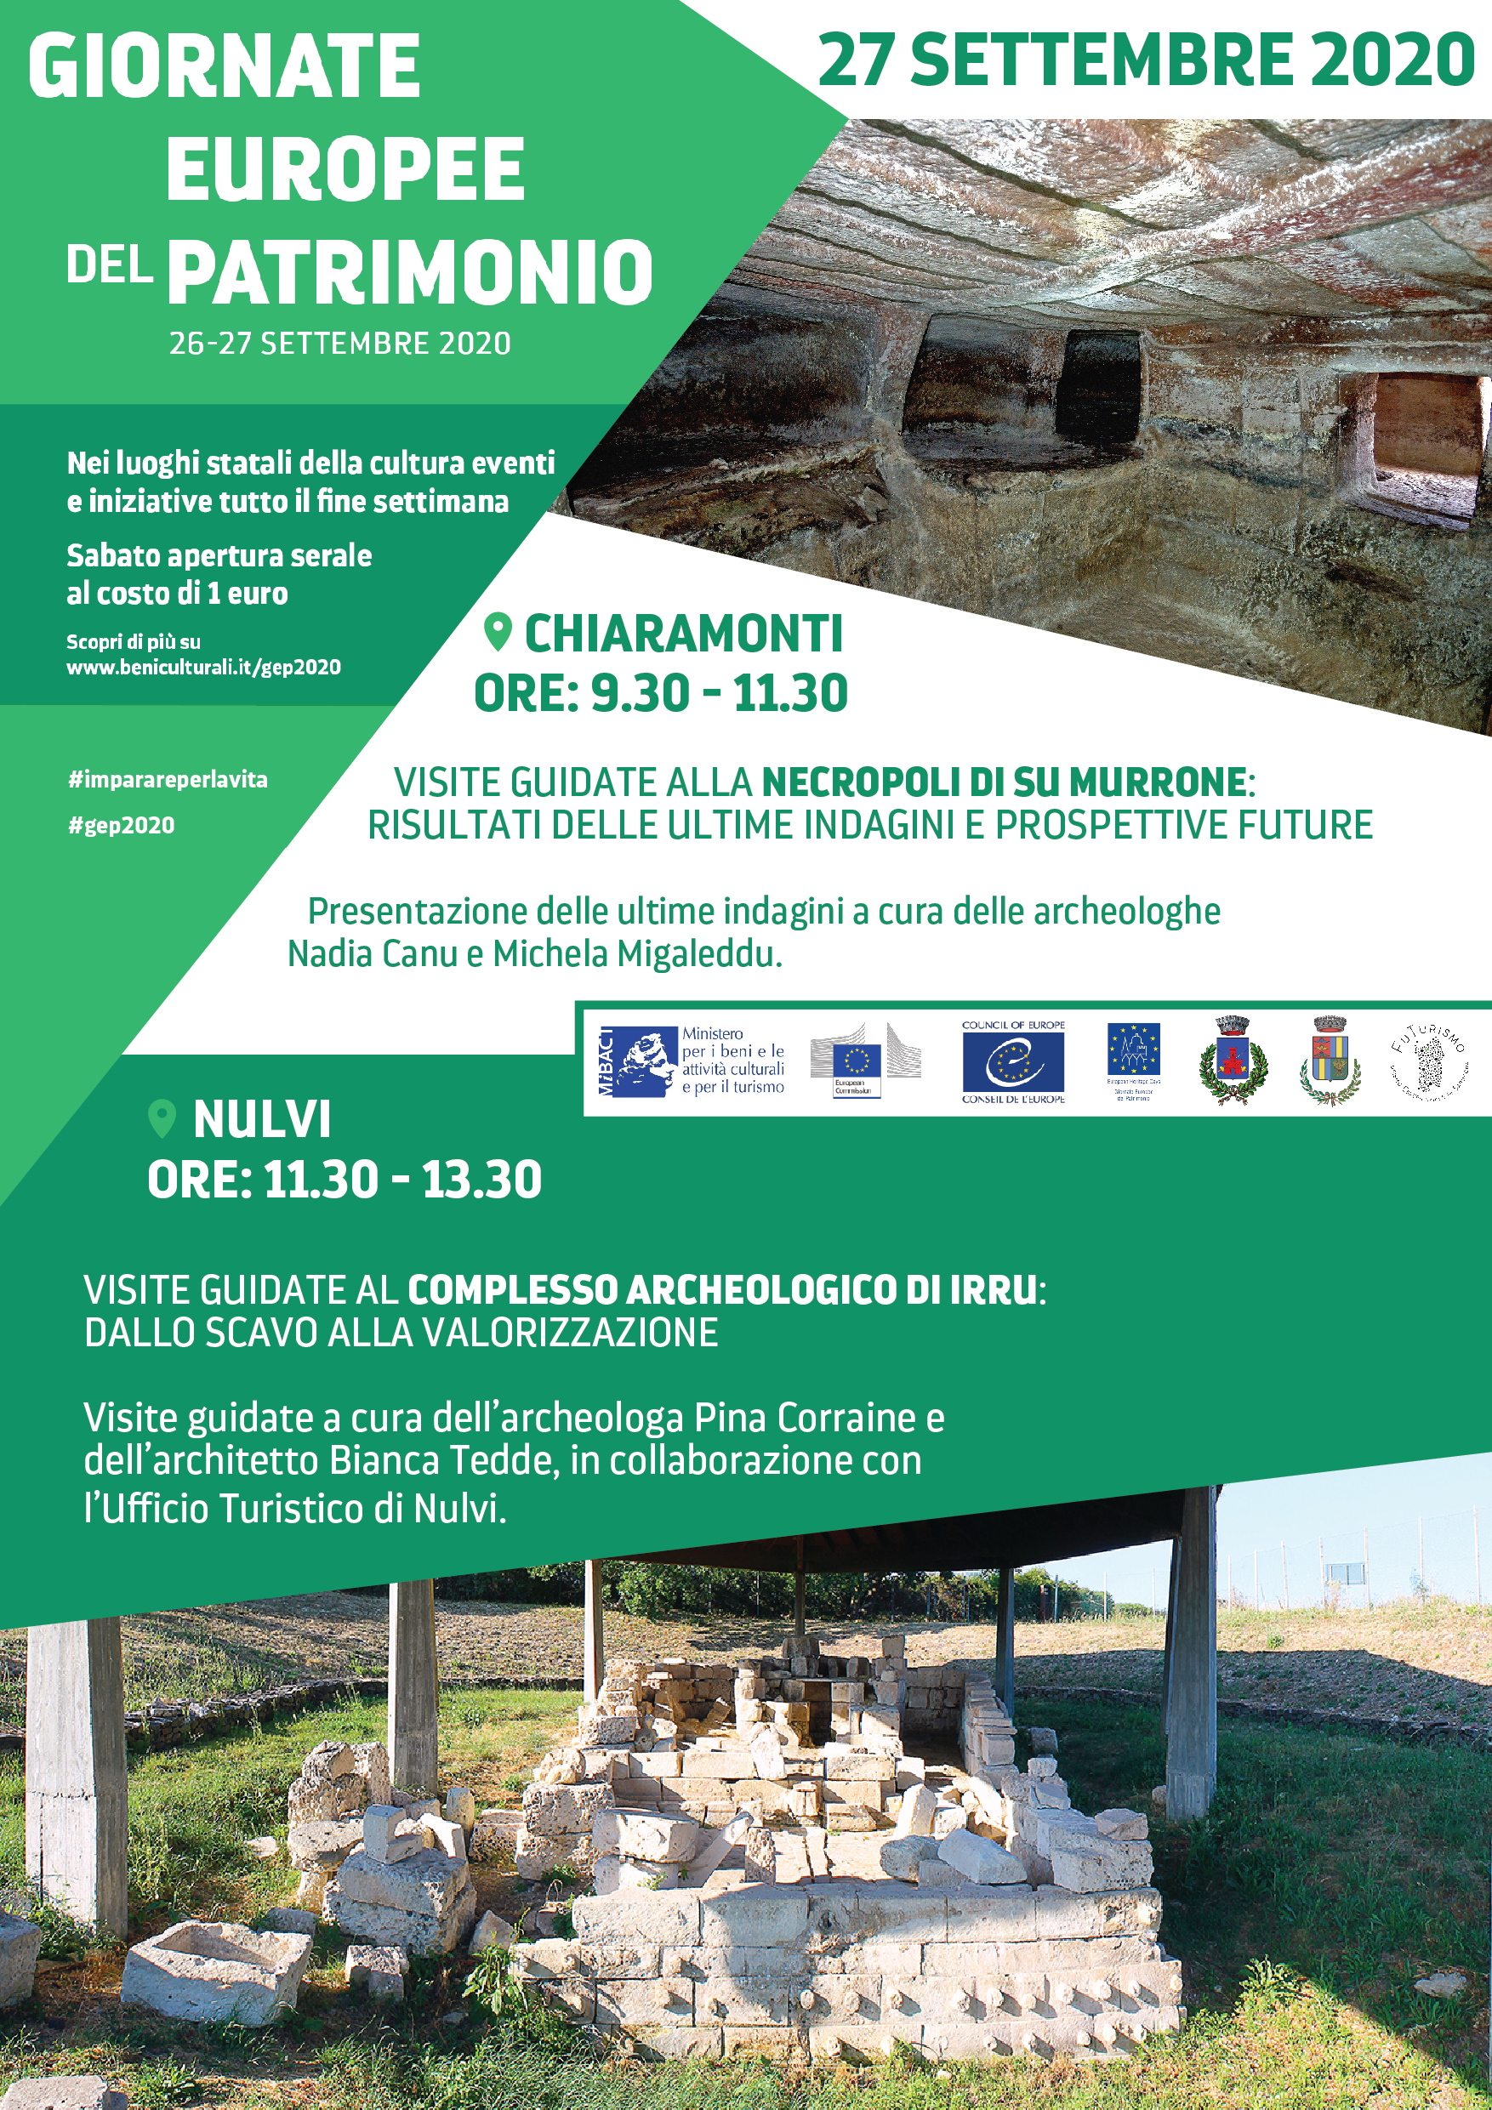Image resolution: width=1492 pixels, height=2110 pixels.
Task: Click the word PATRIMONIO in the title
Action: [410, 271]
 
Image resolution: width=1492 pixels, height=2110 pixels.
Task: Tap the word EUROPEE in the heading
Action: [345, 169]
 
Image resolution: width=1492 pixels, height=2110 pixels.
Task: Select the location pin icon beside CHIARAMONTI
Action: [498, 632]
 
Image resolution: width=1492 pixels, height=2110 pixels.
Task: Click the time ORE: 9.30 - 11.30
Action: [660, 693]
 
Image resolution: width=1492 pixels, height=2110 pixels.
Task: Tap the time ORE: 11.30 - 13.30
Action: [345, 1179]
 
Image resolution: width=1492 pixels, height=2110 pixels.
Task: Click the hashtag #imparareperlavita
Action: [168, 779]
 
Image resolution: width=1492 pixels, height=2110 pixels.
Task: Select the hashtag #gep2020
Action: [121, 825]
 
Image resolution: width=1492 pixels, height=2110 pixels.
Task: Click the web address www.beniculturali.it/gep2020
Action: [203, 667]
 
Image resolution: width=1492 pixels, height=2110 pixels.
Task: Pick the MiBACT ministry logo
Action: [692, 1062]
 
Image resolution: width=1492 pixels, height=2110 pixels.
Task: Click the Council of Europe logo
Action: [1013, 1061]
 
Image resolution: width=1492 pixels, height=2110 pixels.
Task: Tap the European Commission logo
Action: [864, 1061]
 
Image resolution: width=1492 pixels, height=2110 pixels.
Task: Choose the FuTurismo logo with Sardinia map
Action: [1427, 1062]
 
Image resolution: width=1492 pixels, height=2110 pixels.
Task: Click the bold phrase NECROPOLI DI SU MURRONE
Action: [1003, 782]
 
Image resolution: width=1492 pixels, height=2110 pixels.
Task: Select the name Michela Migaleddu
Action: [636, 954]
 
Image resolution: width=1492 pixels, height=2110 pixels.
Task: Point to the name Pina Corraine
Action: [806, 1418]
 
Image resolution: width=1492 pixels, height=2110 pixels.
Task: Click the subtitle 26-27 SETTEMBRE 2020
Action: [339, 344]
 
